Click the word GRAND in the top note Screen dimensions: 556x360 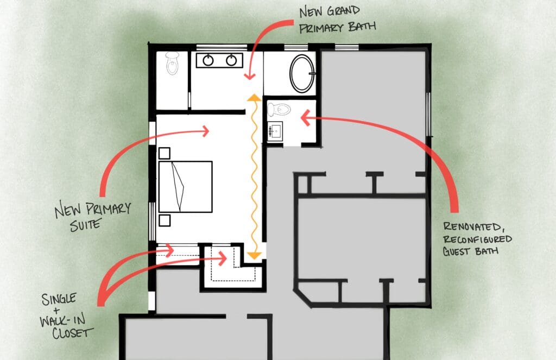(x=343, y=11)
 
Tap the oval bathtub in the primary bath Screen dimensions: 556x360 (x=302, y=73)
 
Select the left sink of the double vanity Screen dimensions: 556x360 (x=208, y=61)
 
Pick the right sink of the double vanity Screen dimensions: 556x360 (x=231, y=61)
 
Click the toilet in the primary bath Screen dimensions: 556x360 (x=172, y=63)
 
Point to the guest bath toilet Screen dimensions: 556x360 (x=279, y=109)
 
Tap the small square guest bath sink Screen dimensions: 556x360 (x=275, y=131)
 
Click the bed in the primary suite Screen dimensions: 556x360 (x=186, y=187)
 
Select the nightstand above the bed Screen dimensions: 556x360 (x=164, y=153)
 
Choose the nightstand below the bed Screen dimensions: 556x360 (x=164, y=220)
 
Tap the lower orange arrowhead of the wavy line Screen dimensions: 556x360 (x=254, y=255)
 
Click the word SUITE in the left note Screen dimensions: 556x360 (x=86, y=224)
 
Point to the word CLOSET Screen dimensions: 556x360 (x=73, y=333)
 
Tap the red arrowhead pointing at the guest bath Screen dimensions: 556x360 (x=305, y=118)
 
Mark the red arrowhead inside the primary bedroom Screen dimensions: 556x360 (x=205, y=131)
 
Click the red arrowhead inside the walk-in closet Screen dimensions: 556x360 (x=223, y=258)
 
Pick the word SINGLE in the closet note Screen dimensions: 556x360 (x=59, y=299)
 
